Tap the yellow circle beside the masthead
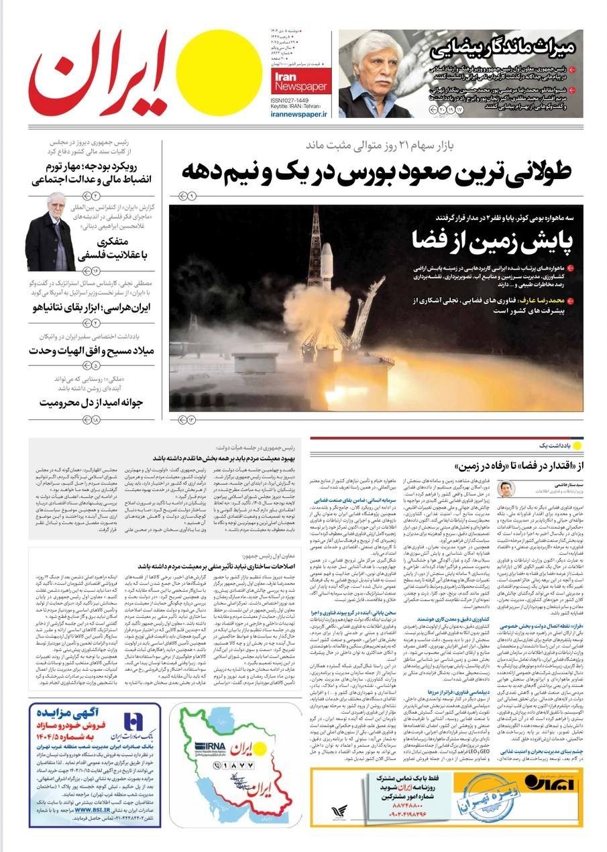click(x=210, y=63)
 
